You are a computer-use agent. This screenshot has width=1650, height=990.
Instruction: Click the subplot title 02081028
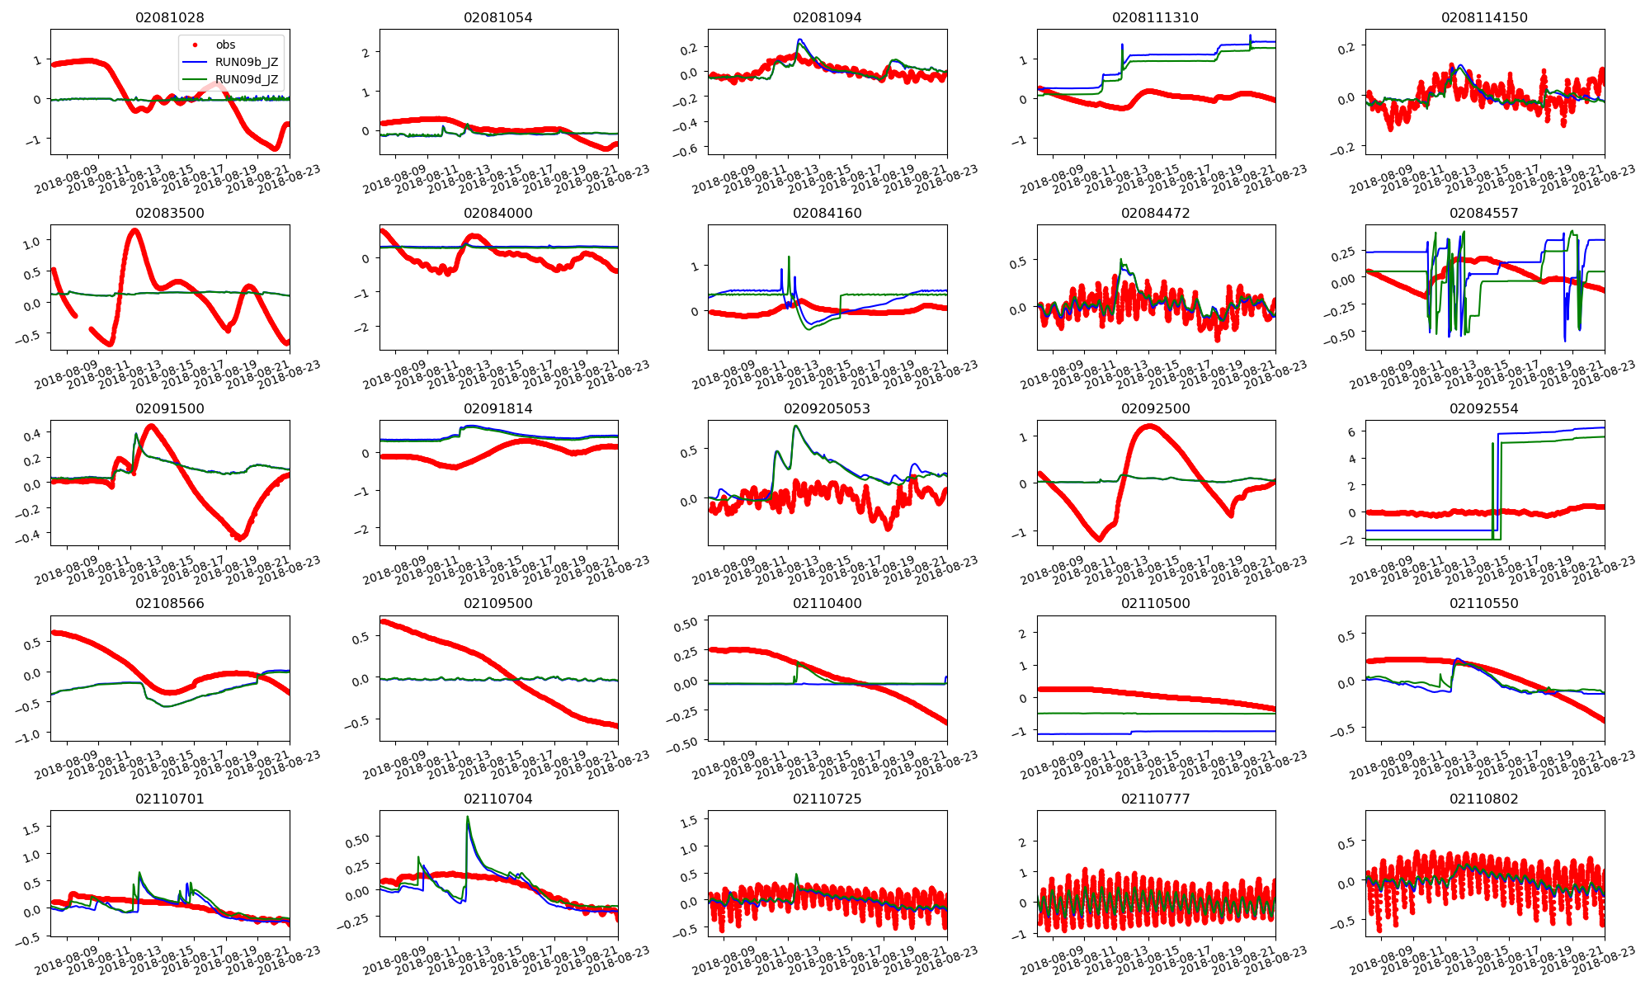(169, 17)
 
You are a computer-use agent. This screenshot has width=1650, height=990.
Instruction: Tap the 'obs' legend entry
(225, 45)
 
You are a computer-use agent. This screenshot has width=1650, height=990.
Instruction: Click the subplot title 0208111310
(1155, 17)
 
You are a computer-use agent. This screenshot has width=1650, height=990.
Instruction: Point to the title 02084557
(1483, 213)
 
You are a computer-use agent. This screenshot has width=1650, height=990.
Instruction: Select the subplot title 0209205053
(827, 408)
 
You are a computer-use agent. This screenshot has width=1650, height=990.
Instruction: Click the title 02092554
(1483, 408)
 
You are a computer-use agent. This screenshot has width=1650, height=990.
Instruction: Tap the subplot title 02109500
(498, 603)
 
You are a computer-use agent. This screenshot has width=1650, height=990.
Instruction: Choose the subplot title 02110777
(1155, 799)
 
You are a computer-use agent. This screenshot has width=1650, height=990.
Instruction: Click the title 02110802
(1483, 799)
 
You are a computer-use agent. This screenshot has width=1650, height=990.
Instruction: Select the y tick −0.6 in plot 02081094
(686, 148)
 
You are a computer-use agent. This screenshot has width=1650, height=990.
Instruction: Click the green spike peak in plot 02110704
(468, 818)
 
